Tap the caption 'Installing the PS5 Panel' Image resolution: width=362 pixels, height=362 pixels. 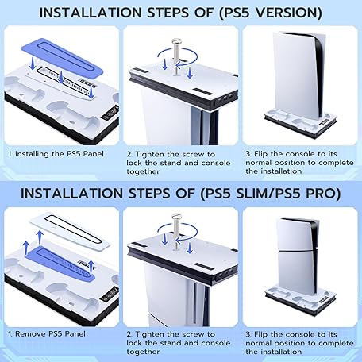point(59,154)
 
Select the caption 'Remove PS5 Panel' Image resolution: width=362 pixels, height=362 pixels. point(50,334)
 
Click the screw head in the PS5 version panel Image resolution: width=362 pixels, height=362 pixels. point(176,42)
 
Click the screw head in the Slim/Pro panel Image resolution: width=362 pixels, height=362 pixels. point(176,217)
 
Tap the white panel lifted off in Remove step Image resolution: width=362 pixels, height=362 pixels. point(70,230)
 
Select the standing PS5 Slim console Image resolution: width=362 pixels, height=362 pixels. point(298,256)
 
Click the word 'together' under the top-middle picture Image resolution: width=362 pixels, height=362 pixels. point(143,171)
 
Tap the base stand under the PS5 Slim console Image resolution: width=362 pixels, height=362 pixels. point(300,300)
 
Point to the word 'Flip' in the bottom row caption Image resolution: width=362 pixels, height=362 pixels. point(260,334)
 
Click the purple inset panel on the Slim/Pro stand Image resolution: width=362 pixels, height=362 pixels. point(60,264)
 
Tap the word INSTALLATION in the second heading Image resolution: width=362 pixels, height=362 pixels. point(71,194)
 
